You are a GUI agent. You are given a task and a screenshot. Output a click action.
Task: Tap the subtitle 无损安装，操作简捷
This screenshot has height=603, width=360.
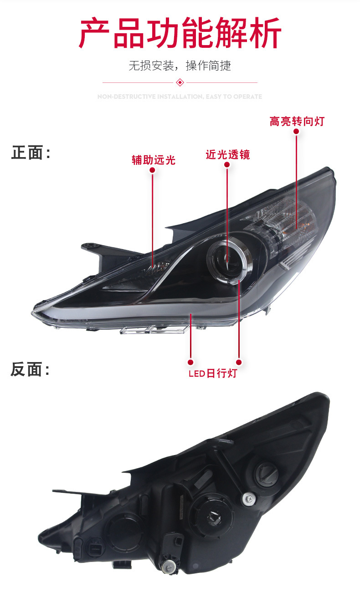pos(180,66)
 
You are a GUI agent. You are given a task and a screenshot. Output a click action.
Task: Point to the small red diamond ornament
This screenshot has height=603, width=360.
pos(180,82)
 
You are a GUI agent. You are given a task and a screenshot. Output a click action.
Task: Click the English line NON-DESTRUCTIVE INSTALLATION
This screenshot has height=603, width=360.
pos(180,97)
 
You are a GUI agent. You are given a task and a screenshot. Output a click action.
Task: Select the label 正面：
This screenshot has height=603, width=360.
pos(31,153)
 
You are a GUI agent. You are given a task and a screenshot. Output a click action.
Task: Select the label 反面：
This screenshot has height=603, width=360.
pos(31,370)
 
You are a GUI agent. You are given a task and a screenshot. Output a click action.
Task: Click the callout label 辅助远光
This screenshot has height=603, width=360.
pos(153,160)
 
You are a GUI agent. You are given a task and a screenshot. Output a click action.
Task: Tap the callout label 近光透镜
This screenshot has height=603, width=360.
pos(227,155)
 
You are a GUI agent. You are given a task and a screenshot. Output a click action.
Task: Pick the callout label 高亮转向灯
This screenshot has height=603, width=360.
pos(297,121)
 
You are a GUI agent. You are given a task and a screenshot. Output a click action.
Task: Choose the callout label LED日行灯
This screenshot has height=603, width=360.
pos(213,374)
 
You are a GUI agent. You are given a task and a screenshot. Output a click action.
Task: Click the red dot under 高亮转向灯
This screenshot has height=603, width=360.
pos(296,131)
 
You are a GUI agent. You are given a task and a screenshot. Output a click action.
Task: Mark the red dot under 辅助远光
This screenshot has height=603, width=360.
pos(153,170)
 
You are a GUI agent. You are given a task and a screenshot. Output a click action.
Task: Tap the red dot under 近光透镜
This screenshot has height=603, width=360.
pos(227,165)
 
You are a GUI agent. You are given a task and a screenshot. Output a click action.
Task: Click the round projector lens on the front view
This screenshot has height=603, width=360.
pos(226,257)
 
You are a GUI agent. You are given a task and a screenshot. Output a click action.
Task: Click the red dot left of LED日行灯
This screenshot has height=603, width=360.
pos(191,362)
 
